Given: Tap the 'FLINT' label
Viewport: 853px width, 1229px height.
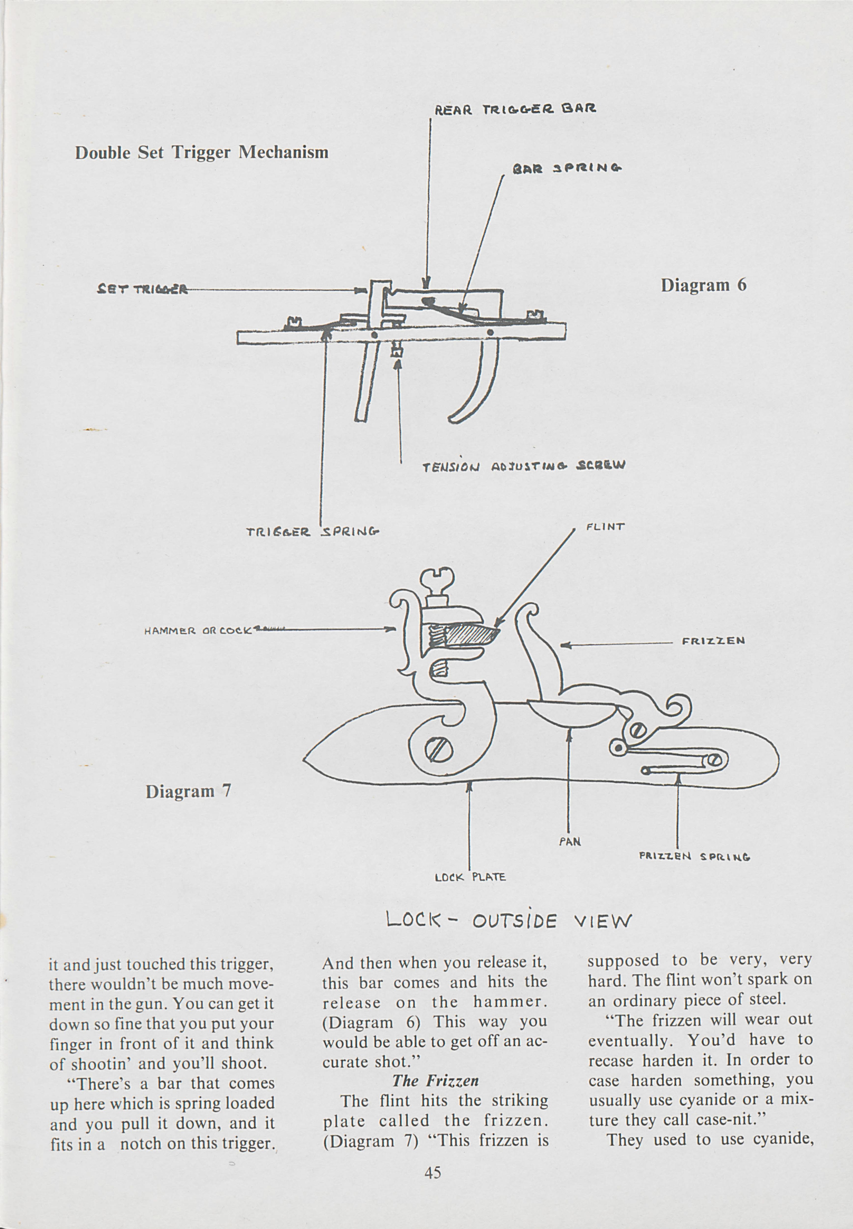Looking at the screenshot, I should [605, 527].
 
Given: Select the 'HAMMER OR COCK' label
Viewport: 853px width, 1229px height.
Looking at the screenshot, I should [198, 630].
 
